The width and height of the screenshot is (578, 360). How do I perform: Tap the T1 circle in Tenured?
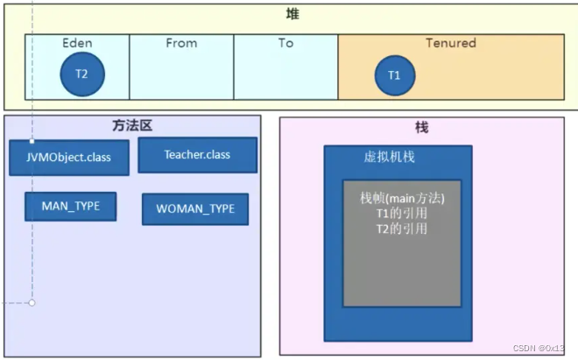[394, 76]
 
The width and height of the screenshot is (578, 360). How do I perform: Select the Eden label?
[77, 43]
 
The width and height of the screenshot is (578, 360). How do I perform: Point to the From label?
[181, 43]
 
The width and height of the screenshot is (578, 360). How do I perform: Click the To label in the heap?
[285, 43]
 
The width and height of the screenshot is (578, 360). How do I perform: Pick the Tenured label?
[450, 43]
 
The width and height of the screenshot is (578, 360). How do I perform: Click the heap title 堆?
[292, 14]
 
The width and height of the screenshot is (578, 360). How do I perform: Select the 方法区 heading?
[132, 126]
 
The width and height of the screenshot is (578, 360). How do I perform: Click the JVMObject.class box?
[68, 158]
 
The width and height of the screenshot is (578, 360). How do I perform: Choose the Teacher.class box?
[197, 155]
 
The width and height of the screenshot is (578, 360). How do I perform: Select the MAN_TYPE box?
[70, 207]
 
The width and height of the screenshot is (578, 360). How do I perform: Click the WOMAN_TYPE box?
[194, 209]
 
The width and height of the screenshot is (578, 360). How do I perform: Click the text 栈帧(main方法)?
[402, 199]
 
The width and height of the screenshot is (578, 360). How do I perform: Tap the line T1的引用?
[402, 214]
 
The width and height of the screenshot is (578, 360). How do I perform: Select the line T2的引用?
[402, 229]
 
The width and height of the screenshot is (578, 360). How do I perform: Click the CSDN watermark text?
[536, 348]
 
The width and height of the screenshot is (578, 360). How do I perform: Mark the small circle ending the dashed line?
[32, 303]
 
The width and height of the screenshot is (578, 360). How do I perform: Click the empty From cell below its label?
[181, 79]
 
